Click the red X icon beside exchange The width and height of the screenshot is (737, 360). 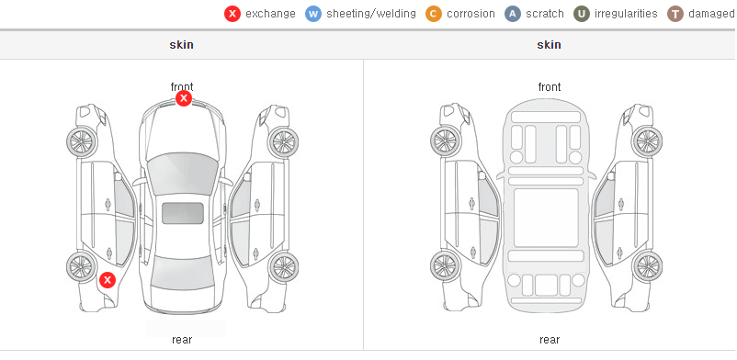[232, 14]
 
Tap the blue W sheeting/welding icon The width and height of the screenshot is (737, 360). [313, 14]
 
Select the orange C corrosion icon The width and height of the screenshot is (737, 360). [434, 14]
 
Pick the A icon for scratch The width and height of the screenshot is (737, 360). [513, 14]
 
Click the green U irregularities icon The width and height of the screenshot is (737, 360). [582, 14]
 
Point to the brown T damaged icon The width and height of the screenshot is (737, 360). [675, 14]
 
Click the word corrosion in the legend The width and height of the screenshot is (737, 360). [471, 14]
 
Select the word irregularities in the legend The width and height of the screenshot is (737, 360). [626, 14]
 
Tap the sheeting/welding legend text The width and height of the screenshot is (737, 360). [371, 14]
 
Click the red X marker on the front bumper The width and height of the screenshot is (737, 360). [184, 98]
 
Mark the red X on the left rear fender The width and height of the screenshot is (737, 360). [108, 280]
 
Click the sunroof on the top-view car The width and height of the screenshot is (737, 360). [183, 213]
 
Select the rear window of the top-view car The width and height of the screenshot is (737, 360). [183, 273]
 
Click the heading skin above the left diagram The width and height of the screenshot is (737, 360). [181, 45]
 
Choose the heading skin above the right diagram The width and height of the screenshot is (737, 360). [549, 45]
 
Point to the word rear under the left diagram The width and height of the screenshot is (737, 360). [182, 340]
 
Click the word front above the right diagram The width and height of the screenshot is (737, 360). [550, 87]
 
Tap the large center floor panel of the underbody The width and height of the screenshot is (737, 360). [546, 218]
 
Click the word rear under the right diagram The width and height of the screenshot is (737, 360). [550, 340]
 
